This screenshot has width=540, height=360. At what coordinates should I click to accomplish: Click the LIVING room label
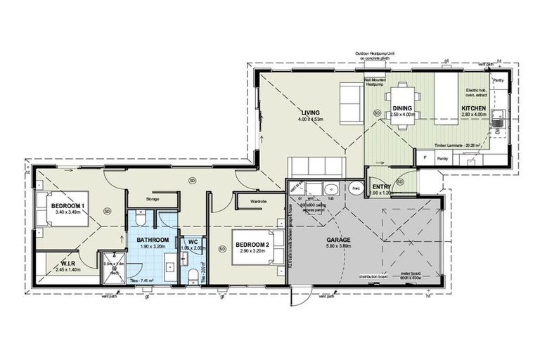(311, 113)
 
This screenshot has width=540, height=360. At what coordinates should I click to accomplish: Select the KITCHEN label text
(472, 108)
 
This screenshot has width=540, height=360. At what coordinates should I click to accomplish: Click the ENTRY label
(382, 186)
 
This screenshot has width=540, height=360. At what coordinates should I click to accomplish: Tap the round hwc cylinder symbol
(356, 188)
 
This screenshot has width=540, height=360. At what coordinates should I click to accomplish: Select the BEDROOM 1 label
(67, 205)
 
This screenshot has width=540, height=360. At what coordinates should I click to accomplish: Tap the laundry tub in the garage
(329, 188)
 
